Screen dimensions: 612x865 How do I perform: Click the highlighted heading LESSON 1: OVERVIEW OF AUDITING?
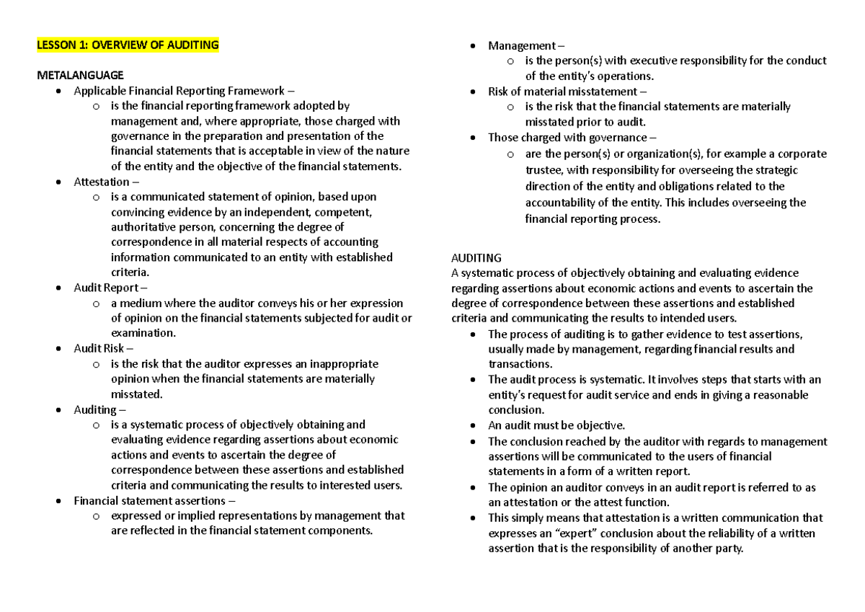128,45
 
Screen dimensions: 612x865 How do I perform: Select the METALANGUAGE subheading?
80,75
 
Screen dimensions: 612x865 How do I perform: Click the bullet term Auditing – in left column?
99,409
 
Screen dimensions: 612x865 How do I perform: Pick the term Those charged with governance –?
572,137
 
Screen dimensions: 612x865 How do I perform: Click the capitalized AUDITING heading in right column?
476,257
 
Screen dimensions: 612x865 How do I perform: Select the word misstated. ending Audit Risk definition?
137,394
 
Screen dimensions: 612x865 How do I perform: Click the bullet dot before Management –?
473,46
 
